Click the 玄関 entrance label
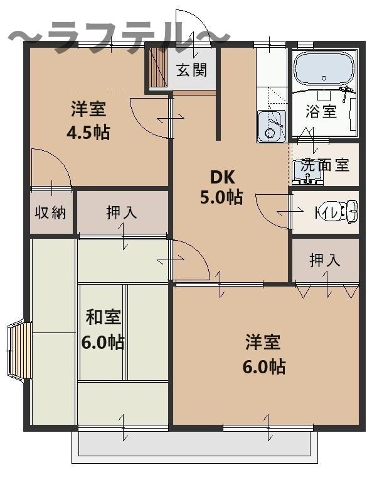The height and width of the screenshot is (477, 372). pos(191,70)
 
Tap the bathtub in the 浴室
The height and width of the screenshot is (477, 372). pos(325,70)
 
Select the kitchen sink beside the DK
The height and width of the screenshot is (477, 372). pos(272,126)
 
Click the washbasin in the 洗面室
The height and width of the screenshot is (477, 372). pos(307,173)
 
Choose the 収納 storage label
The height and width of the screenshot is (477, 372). pos(50,212)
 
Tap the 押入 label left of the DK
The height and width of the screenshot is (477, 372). pos(122,212)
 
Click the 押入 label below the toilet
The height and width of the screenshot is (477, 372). pos(324,260)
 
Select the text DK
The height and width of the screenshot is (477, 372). pos(222,177)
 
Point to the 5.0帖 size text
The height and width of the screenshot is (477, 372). pos(221,197)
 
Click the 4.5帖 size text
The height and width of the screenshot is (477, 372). pos(88,132)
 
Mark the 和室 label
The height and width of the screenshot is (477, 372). pos(103,317)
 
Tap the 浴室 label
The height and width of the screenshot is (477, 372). pos(321,111)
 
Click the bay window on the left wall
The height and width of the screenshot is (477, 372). pos(19,351)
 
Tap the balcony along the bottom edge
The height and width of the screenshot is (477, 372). pos(194,447)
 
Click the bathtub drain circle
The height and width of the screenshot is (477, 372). pos(324,78)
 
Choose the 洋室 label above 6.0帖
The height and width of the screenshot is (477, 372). pos(263,342)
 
